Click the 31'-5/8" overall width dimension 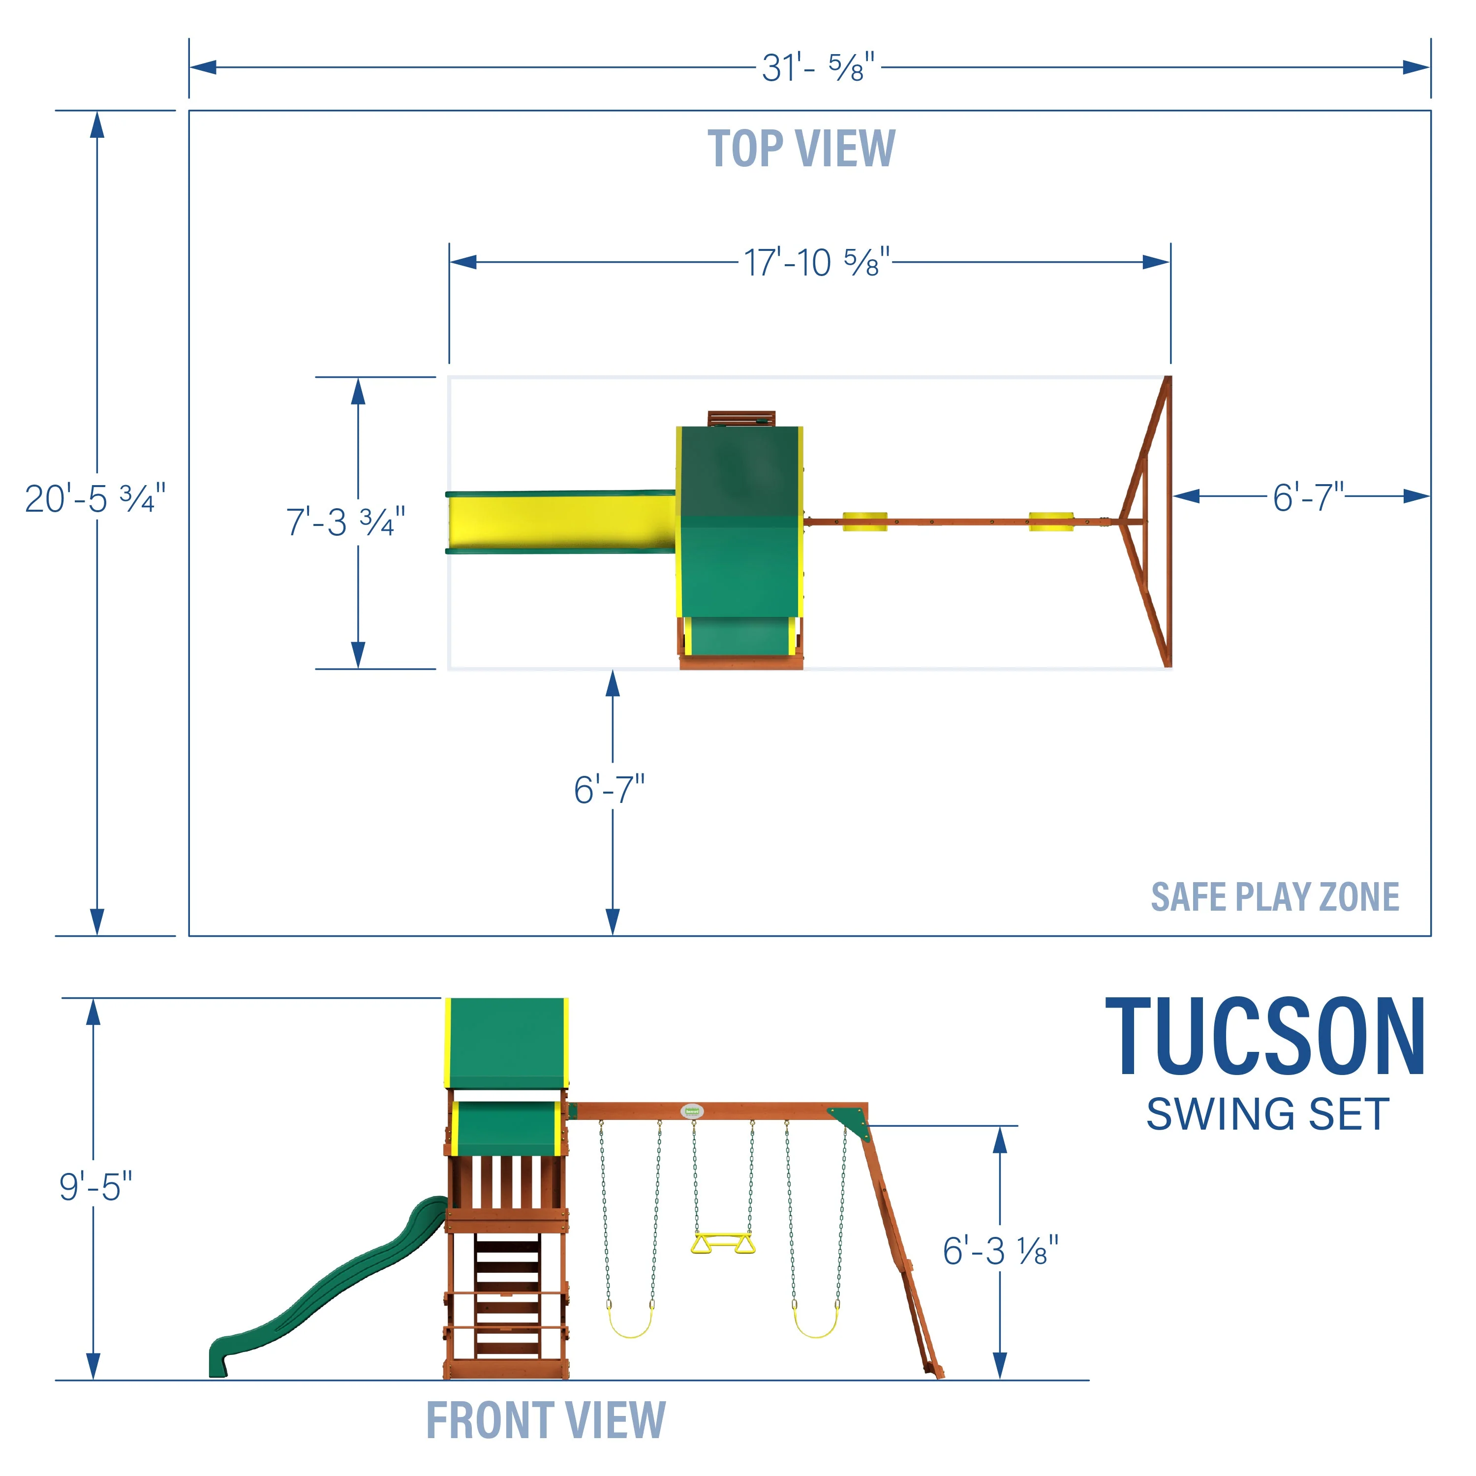(817, 68)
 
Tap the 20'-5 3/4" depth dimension (95, 499)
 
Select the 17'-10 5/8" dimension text (817, 263)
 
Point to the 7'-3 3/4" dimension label (345, 523)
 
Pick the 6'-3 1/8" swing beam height (1000, 1251)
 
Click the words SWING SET (1267, 1115)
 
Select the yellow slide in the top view (561, 522)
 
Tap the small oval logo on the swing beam (692, 1111)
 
